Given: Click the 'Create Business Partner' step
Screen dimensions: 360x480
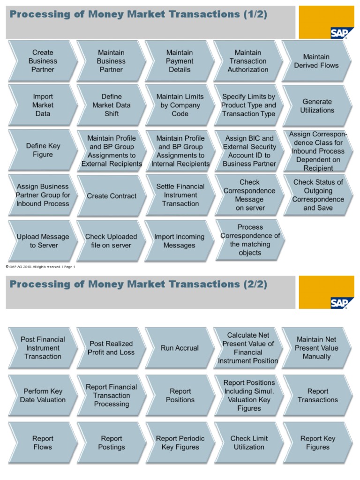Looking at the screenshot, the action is [43, 61].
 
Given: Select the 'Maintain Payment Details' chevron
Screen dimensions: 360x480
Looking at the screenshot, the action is [180, 61].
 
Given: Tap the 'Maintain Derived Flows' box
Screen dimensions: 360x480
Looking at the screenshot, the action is [316, 61].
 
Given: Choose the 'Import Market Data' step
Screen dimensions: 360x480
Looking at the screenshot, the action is [43, 105].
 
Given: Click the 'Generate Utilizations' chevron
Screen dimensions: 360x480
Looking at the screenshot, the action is [317, 106].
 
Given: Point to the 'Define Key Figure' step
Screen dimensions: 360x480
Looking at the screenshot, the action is [43, 150].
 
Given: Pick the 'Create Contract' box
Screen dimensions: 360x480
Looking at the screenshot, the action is [112, 196].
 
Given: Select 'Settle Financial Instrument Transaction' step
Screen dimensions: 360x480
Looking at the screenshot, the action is [180, 195].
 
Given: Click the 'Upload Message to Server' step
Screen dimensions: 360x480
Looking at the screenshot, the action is [43, 241].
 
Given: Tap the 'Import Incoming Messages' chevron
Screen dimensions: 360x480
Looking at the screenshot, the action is [180, 241].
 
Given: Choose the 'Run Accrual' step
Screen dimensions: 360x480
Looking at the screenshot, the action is [180, 348].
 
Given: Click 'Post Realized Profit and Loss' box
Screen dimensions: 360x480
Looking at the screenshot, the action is [112, 348].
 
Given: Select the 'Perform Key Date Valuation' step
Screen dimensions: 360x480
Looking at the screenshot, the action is [43, 396].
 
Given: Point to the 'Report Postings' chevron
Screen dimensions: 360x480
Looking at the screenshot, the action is [112, 442].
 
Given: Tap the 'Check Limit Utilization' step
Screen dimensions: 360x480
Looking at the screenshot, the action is [249, 442].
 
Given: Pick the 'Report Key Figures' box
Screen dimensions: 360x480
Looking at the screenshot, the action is [317, 442].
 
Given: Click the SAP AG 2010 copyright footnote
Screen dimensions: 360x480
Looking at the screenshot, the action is [40, 267].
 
